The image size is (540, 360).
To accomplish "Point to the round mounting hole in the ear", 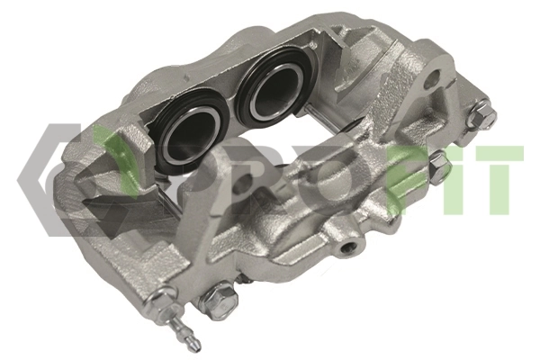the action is (x=435, y=76).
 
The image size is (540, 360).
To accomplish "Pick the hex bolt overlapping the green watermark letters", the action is (x=439, y=165).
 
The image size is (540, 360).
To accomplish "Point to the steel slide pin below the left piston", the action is (x=169, y=201).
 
